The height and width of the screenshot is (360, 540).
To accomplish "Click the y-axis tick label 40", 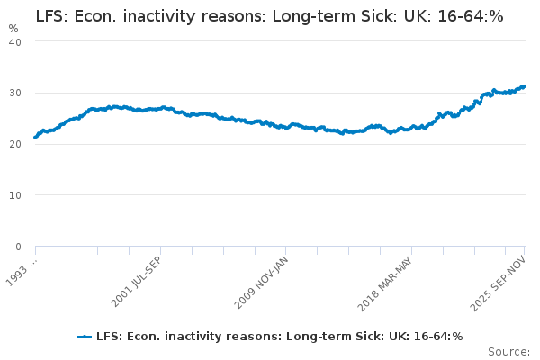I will pyautogui.click(x=15, y=41).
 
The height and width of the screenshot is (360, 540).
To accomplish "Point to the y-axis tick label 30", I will pyautogui.click(x=15, y=93).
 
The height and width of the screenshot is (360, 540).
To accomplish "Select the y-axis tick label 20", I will pyautogui.click(x=15, y=144).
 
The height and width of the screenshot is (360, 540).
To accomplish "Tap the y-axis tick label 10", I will pyautogui.click(x=15, y=195).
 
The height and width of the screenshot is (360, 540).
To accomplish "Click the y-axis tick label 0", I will pyautogui.click(x=18, y=247).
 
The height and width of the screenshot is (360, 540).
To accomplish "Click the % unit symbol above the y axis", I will pyautogui.click(x=13, y=28).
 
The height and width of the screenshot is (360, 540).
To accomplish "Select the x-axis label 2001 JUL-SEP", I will pyautogui.click(x=138, y=280).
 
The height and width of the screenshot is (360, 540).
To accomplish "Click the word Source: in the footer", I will pyautogui.click(x=508, y=351).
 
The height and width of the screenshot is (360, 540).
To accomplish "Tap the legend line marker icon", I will pyautogui.click(x=85, y=337).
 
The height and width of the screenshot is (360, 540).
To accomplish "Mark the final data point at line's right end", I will pyautogui.click(x=524, y=86).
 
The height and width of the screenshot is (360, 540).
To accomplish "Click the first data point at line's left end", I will pyautogui.click(x=35, y=137).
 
